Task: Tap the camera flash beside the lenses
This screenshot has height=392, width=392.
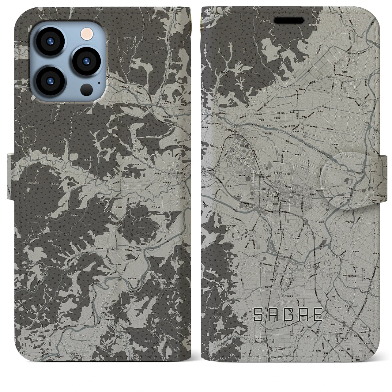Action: tap(85, 33)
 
